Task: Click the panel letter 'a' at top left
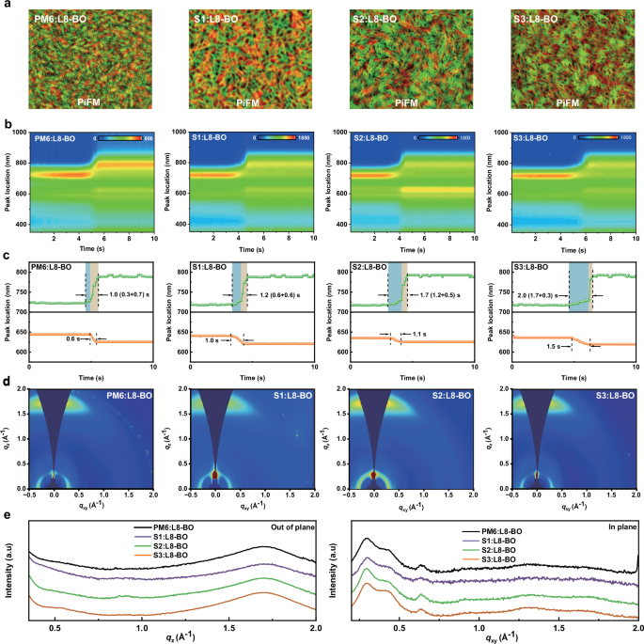tap(6, 6)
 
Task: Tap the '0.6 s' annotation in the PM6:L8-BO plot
tap(72, 339)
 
